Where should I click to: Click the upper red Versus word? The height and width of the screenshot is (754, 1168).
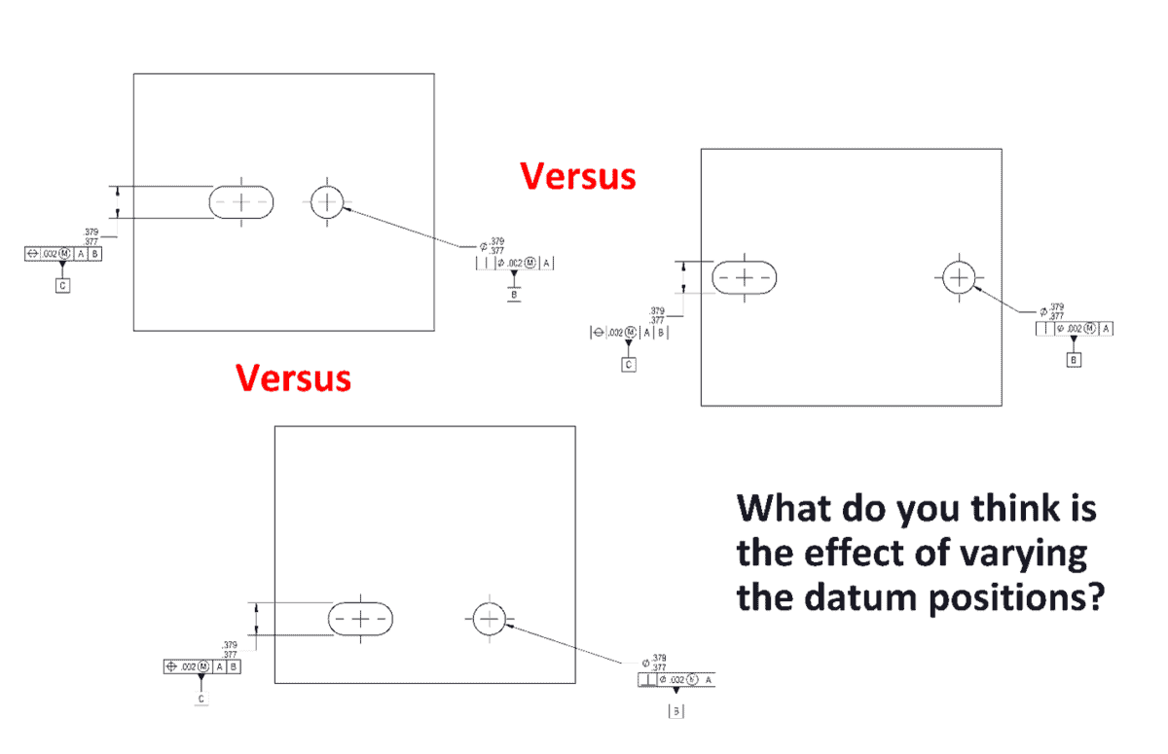(578, 176)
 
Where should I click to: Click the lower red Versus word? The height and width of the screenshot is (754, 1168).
(293, 377)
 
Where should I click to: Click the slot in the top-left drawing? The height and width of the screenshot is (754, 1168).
(241, 201)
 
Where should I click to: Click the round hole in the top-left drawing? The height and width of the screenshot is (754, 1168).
(328, 202)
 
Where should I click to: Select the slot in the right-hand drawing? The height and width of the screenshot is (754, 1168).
(745, 277)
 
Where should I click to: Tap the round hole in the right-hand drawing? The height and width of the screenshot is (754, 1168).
(960, 277)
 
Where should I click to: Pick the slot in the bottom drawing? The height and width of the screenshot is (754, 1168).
(360, 619)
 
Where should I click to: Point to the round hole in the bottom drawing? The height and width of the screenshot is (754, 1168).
(489, 618)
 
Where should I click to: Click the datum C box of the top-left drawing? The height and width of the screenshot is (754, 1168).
(62, 286)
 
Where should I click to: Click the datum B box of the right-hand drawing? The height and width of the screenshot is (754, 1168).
(1074, 360)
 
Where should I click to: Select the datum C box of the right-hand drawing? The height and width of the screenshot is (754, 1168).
(629, 365)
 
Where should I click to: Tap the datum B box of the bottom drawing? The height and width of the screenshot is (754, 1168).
(676, 711)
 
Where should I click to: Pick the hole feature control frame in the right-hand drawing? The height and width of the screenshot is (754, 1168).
(1075, 329)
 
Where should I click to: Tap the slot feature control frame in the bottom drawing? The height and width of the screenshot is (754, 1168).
(201, 666)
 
